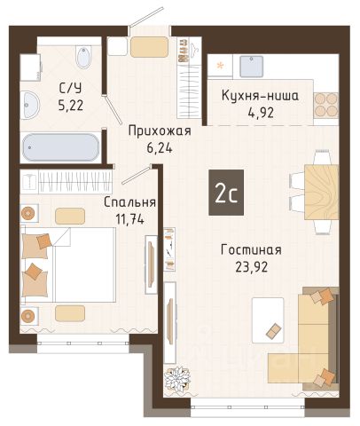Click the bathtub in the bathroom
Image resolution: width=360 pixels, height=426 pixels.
(x=61, y=147)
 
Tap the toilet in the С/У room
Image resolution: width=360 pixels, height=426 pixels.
(x=83, y=57)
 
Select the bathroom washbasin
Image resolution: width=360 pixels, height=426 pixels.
(x=30, y=105)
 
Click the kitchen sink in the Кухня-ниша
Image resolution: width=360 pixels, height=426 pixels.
(x=251, y=67)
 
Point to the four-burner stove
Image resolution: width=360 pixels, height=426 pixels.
(x=326, y=105)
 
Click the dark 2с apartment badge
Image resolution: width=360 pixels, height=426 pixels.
(x=226, y=193)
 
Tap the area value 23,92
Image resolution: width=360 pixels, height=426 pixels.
(x=252, y=267)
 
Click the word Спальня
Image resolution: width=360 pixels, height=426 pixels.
(x=129, y=202)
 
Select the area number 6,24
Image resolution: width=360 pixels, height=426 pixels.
(x=160, y=148)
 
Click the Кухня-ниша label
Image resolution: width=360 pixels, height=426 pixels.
(x=260, y=96)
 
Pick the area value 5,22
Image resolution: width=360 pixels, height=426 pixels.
(x=71, y=105)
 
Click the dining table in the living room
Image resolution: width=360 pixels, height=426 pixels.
(x=322, y=192)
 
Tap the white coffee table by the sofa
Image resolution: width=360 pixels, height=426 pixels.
(x=268, y=320)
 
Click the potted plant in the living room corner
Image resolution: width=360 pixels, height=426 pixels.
(x=177, y=379)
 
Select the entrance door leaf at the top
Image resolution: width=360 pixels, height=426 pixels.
(x=146, y=18)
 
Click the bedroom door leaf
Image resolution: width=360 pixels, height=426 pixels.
(x=137, y=175)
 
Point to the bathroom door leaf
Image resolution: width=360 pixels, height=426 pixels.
(x=113, y=109)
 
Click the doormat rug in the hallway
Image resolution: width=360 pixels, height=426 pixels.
(x=149, y=47)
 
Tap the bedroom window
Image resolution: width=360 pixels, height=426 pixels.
(x=83, y=343)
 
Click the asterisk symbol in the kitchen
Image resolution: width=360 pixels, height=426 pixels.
(x=220, y=66)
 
